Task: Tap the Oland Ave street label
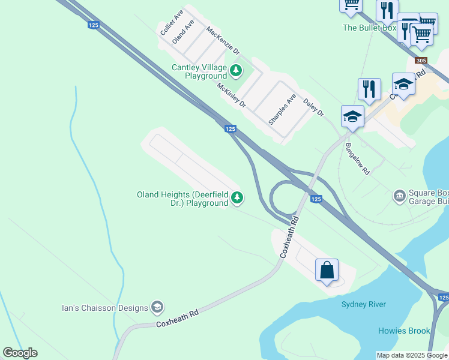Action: click(x=183, y=32)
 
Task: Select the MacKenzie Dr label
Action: click(x=223, y=40)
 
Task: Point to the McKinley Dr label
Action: click(x=232, y=95)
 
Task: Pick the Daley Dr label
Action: click(x=313, y=108)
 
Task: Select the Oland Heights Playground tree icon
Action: click(x=238, y=197)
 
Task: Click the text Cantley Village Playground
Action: click(x=199, y=71)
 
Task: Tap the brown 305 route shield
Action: click(x=421, y=61)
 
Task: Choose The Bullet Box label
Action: click(x=370, y=28)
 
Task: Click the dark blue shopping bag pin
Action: click(x=327, y=270)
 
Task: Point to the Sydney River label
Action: click(x=364, y=304)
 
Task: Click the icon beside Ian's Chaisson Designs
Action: click(x=157, y=308)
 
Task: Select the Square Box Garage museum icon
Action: click(x=399, y=196)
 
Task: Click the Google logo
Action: click(x=20, y=353)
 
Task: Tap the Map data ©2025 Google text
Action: click(x=412, y=355)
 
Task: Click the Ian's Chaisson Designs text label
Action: click(x=105, y=308)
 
